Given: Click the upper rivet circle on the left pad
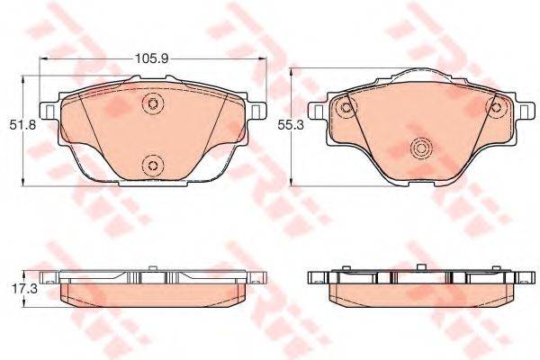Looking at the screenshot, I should (152, 105).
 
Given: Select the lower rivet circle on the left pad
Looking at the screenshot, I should (152, 164).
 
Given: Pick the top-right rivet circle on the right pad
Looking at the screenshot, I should (494, 108).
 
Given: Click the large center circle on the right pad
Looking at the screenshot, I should (419, 148).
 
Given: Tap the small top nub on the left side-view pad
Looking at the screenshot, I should (152, 266).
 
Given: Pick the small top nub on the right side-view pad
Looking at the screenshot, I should (419, 266).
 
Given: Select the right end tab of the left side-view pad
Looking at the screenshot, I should (258, 279).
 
